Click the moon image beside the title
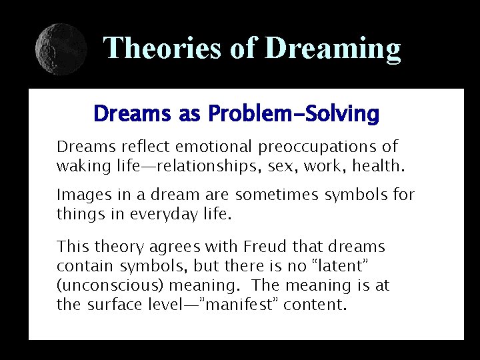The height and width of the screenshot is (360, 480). click(x=61, y=48)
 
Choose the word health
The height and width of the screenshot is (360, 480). click(x=381, y=165)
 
